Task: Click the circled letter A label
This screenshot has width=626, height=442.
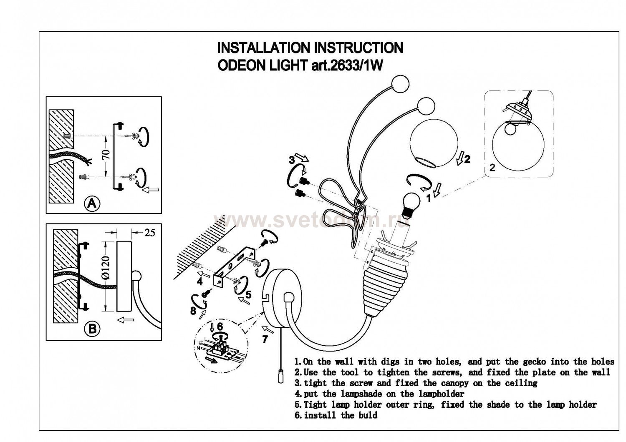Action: tap(92, 203)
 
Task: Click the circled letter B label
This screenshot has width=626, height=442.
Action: tap(92, 329)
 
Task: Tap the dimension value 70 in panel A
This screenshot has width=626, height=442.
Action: tap(106, 156)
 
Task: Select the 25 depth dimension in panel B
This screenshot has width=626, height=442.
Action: tap(149, 232)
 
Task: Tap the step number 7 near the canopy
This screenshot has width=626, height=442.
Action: tap(265, 339)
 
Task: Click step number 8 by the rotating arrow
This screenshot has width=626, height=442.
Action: tap(193, 311)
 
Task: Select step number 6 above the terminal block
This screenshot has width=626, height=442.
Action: tap(220, 326)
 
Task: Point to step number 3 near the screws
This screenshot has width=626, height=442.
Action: tap(292, 159)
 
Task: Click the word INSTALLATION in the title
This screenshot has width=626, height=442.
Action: tap(264, 48)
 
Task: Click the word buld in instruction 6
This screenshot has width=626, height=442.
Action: tap(368, 415)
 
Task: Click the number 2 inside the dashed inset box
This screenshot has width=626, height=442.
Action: tap(492, 168)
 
